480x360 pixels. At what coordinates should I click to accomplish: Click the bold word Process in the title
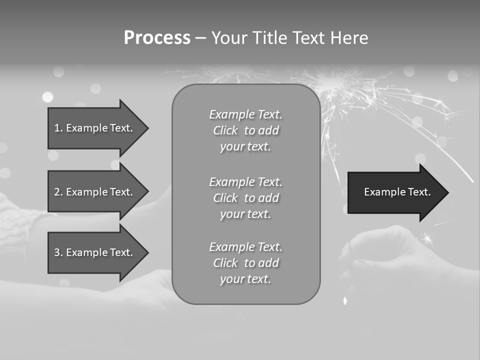click(157, 38)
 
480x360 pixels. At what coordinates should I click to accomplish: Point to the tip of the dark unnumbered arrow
click(447, 192)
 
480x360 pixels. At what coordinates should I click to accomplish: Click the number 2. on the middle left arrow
click(58, 192)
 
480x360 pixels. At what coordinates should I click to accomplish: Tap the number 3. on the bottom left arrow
click(58, 252)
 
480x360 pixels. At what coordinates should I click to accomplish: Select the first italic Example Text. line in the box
click(245, 114)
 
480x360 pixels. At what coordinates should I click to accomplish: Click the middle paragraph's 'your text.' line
click(245, 214)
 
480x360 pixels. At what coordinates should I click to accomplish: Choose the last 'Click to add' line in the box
click(245, 263)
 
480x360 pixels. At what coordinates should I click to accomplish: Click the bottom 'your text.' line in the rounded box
click(245, 279)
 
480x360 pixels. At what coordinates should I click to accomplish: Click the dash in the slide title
click(200, 38)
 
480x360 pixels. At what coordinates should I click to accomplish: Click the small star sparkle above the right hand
click(427, 238)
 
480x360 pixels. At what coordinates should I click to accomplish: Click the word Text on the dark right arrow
click(419, 192)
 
